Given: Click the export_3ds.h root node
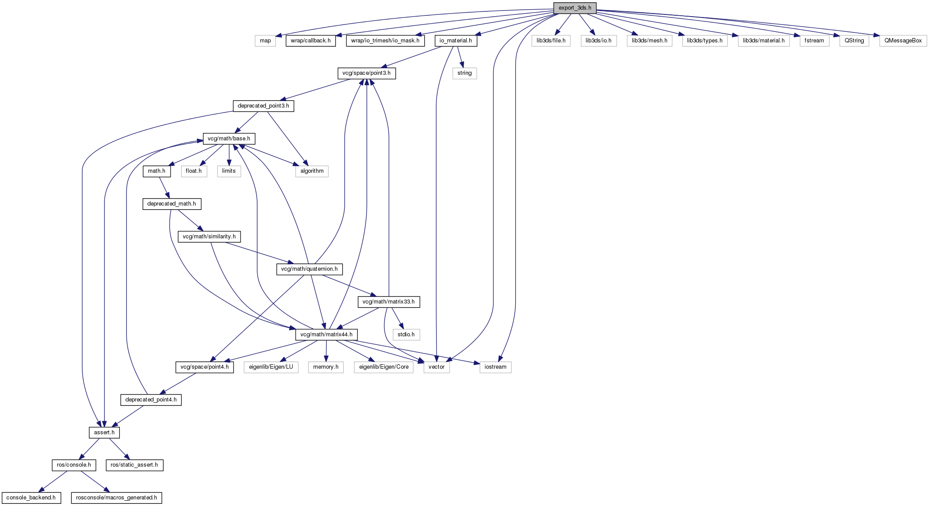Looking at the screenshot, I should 575,8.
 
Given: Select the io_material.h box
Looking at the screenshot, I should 456,41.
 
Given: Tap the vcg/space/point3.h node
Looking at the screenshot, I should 367,73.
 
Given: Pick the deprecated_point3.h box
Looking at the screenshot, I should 263,106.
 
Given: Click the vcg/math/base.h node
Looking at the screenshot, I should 229,139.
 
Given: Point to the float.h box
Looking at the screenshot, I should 194,171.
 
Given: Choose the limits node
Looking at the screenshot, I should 229,171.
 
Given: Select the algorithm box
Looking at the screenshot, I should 312,171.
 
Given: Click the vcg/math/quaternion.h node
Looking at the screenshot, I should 309,269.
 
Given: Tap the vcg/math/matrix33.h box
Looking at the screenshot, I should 389,302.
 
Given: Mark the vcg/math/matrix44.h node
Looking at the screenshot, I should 327,335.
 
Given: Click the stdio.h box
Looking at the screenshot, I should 406,335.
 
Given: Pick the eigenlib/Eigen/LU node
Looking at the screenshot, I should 271,367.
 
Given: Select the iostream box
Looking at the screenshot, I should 496,367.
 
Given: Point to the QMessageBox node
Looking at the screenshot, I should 903,41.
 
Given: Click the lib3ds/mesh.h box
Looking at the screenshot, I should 650,41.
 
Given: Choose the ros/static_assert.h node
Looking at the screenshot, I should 134,465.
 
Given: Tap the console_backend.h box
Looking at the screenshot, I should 31,498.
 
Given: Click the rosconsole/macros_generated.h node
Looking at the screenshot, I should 117,498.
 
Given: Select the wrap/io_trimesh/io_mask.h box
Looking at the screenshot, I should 385,41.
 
